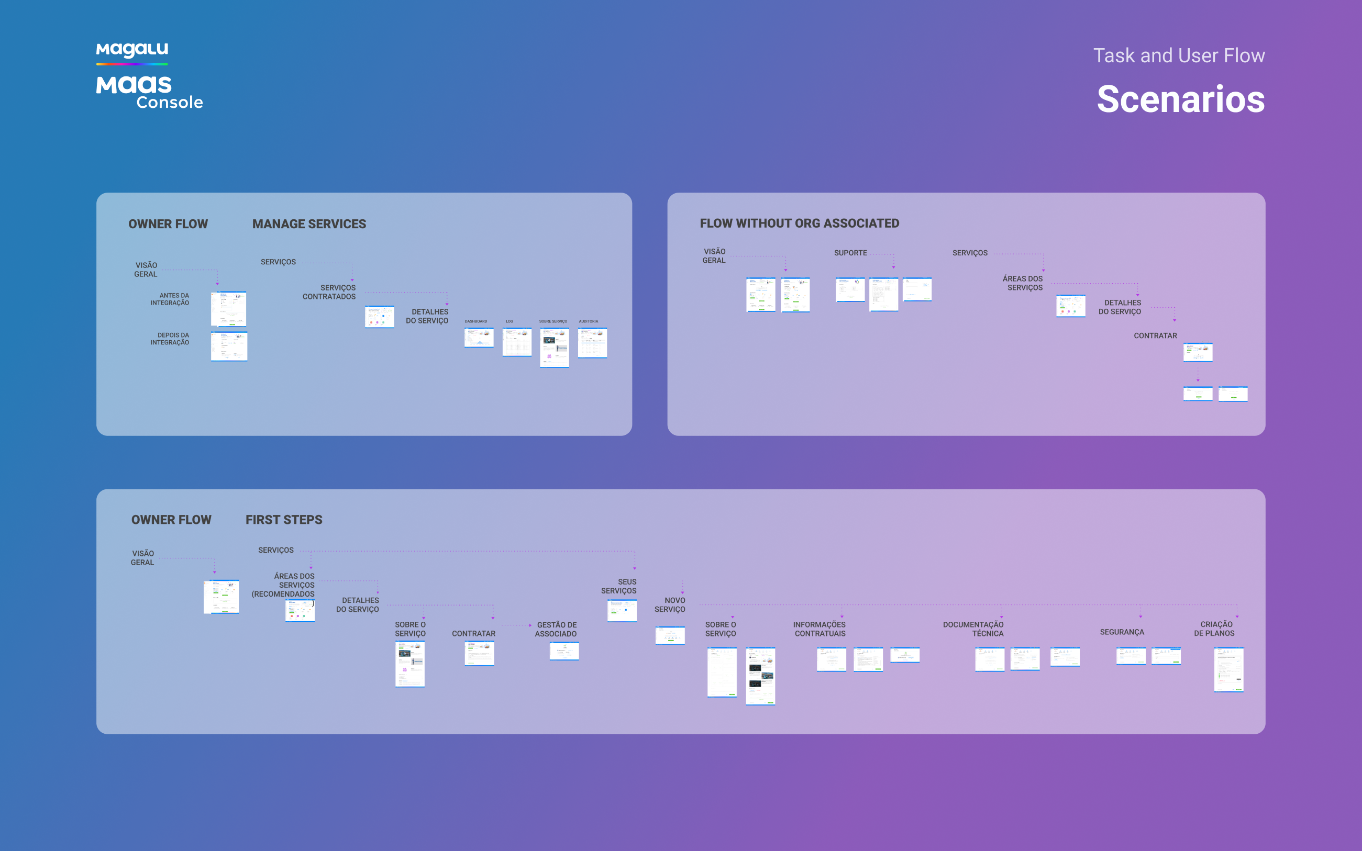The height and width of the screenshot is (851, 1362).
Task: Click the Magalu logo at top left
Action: tap(132, 51)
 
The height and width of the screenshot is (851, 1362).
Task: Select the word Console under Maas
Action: tap(170, 103)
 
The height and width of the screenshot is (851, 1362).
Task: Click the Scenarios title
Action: tap(1180, 99)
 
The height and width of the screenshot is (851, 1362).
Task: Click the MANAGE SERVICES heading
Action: tap(308, 224)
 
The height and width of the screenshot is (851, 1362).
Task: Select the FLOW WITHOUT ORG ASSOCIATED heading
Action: tap(799, 223)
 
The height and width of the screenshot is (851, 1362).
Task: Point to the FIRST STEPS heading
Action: tap(284, 520)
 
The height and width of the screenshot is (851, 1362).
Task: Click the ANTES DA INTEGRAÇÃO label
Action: tap(170, 299)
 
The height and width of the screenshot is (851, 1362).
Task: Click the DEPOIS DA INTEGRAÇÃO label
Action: tap(170, 338)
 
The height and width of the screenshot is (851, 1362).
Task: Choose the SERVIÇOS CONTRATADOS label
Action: tap(329, 292)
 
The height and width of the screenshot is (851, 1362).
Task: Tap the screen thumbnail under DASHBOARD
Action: tap(479, 338)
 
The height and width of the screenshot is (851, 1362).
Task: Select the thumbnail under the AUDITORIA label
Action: tap(592, 343)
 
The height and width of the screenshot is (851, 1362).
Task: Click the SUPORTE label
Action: tap(850, 253)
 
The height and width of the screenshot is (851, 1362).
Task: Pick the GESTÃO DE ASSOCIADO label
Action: tap(556, 629)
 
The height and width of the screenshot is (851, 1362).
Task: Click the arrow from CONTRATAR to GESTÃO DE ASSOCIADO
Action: tap(516, 625)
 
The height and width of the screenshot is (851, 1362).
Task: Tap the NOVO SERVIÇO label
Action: tap(670, 604)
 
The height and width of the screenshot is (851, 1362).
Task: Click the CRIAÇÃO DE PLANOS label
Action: tap(1214, 629)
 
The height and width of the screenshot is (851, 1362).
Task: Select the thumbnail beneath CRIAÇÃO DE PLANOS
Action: tap(1228, 669)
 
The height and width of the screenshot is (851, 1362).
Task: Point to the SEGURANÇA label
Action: tap(1122, 632)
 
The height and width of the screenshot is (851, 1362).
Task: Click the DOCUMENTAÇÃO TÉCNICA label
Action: tap(973, 629)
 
